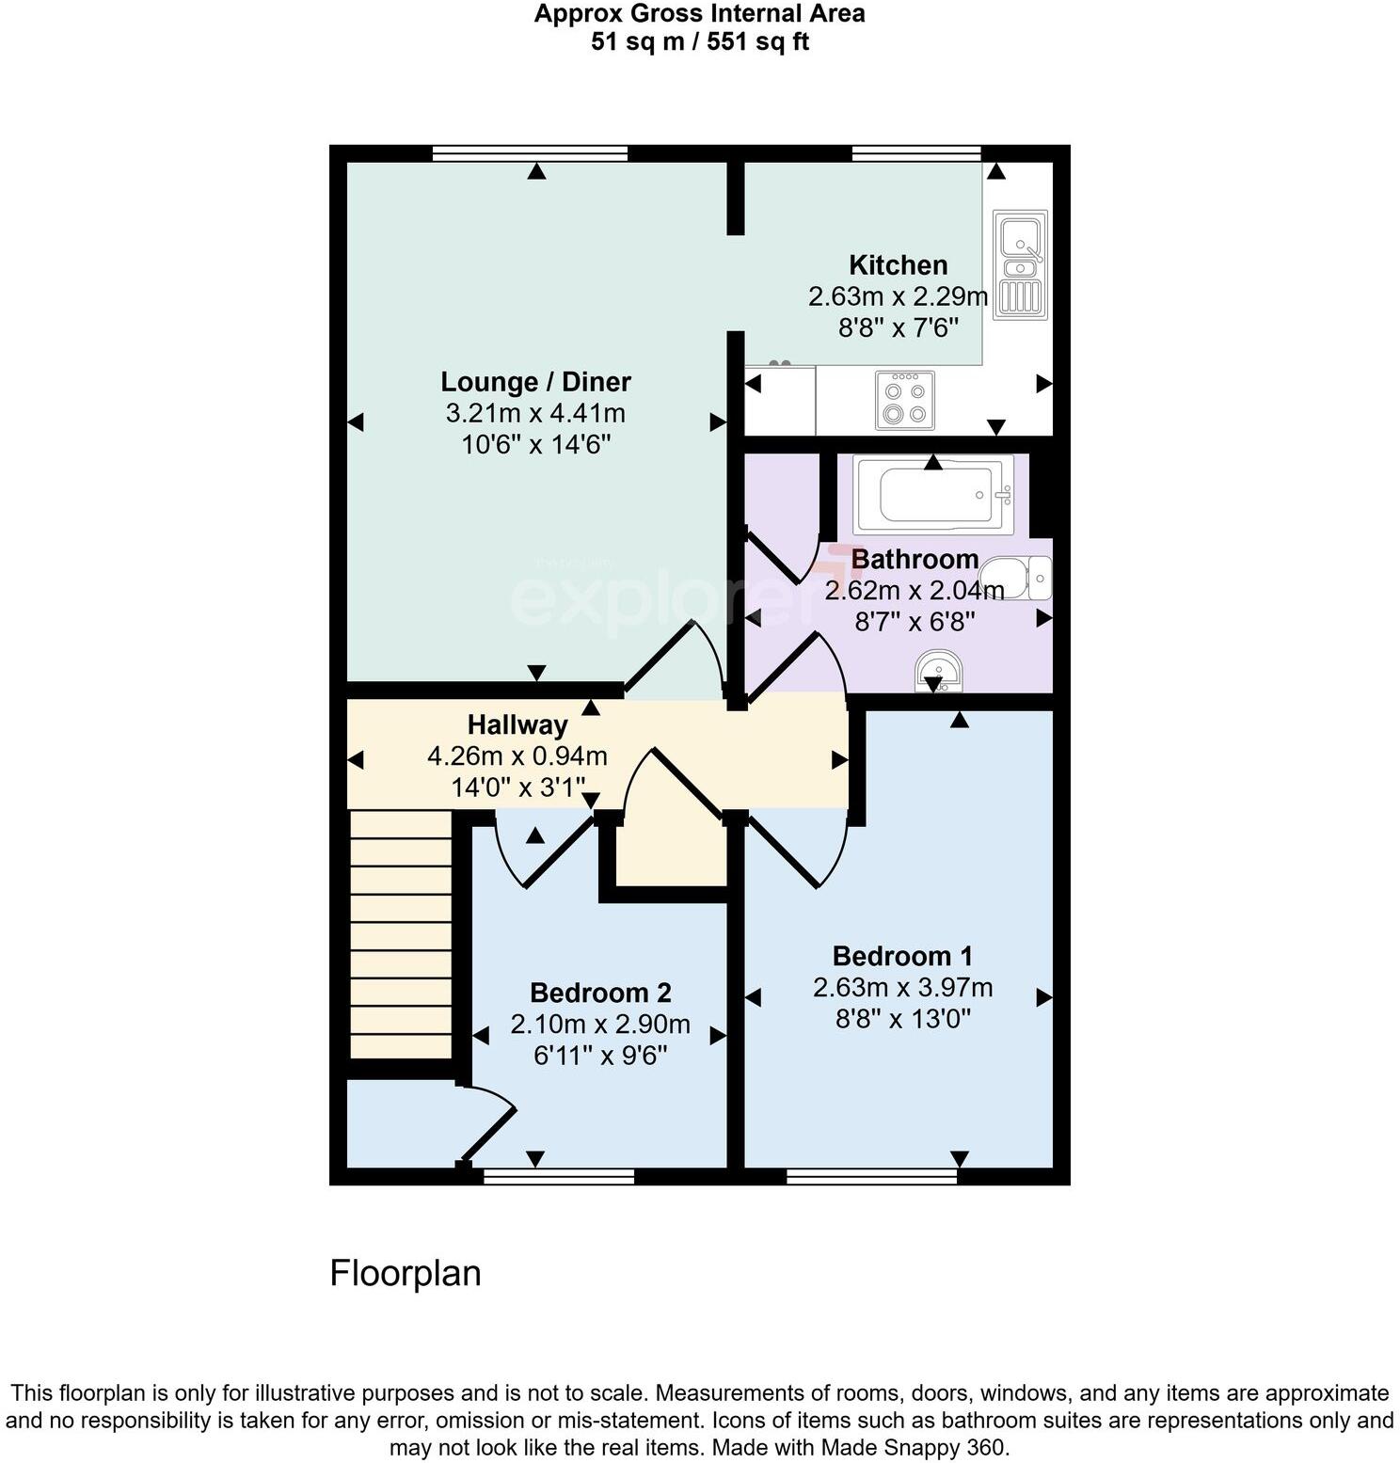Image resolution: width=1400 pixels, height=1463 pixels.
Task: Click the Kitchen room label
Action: pos(898,265)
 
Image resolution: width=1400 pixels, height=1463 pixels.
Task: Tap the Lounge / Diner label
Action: pos(535,382)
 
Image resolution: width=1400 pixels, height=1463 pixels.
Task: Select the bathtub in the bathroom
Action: pos(933,494)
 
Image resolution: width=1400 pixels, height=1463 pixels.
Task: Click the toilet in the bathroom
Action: pos(1016,577)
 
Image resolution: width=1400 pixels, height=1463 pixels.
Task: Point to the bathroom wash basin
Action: pos(937,670)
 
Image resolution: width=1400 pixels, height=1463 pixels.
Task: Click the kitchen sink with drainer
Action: pos(1020,264)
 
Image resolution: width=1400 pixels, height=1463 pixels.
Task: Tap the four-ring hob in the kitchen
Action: pos(904,400)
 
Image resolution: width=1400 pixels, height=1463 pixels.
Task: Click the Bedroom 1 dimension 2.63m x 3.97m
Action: pos(902,988)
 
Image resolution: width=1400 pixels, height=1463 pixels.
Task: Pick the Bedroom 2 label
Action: pos(600,994)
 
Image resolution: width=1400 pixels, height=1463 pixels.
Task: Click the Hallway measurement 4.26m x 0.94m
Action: pos(517,756)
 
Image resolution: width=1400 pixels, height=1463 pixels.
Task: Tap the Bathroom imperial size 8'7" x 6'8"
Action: pos(914,622)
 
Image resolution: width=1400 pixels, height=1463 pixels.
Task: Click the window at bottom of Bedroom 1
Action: pos(871,1175)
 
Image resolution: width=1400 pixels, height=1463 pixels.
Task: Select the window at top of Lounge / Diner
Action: pos(530,153)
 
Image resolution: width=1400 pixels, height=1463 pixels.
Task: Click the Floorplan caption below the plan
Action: pos(406,1273)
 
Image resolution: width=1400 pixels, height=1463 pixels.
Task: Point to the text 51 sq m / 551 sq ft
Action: pos(699,42)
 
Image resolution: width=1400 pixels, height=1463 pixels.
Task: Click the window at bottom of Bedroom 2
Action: pos(559,1175)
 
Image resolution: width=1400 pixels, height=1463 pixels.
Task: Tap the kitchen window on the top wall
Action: pos(915,153)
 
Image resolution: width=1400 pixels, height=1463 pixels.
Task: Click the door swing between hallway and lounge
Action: pos(676,659)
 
